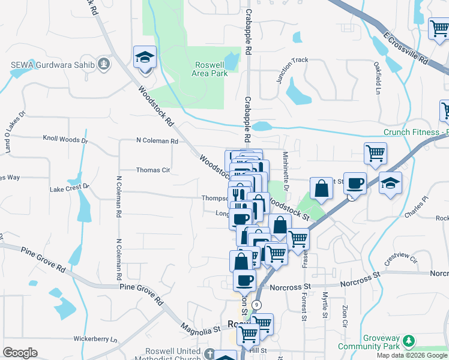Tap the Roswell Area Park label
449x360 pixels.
[x=209, y=70]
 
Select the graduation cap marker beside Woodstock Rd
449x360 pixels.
[x=145, y=58]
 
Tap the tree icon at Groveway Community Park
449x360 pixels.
[x=409, y=341]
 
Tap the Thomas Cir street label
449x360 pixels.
[x=153, y=170]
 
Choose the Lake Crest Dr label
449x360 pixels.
[x=69, y=188]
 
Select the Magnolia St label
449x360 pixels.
[x=200, y=329]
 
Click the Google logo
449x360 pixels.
[x=20, y=353]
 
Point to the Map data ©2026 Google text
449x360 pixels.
[x=412, y=355]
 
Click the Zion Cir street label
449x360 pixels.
[x=345, y=316]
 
